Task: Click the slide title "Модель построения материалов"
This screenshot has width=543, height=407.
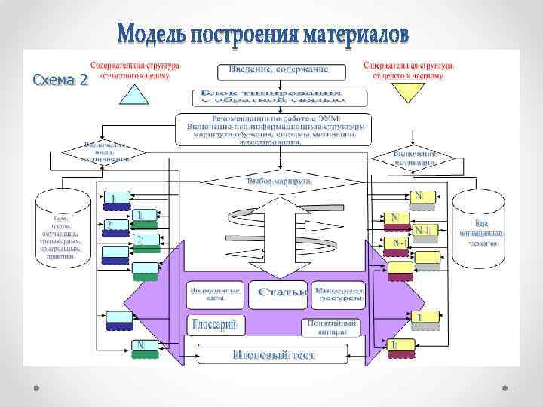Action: pos(264,34)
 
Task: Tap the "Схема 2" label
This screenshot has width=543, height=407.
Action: pos(59,78)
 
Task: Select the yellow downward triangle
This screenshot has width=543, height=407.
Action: pos(407,92)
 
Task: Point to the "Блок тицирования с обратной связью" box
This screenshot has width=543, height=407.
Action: pos(272,97)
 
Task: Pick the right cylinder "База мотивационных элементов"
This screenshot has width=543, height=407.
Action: pos(480,229)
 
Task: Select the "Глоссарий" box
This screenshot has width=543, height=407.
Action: pos(216,325)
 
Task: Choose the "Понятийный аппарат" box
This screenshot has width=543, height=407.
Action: pos(333,326)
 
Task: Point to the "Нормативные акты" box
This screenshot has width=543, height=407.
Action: pos(216,293)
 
